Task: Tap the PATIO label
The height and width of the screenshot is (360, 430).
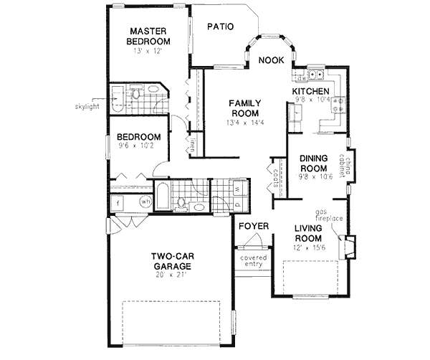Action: [221, 27]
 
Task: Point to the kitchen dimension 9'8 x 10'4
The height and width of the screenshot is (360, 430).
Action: [310, 100]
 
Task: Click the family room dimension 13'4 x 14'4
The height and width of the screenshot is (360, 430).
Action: [244, 123]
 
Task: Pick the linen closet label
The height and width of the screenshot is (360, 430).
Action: [193, 146]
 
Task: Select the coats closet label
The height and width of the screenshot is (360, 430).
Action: [274, 178]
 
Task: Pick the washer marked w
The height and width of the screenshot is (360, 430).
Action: [237, 190]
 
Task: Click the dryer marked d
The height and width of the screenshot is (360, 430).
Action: [237, 204]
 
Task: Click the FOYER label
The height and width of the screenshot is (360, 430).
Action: [254, 227]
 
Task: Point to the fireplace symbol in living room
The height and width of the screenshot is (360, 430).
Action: [349, 247]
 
